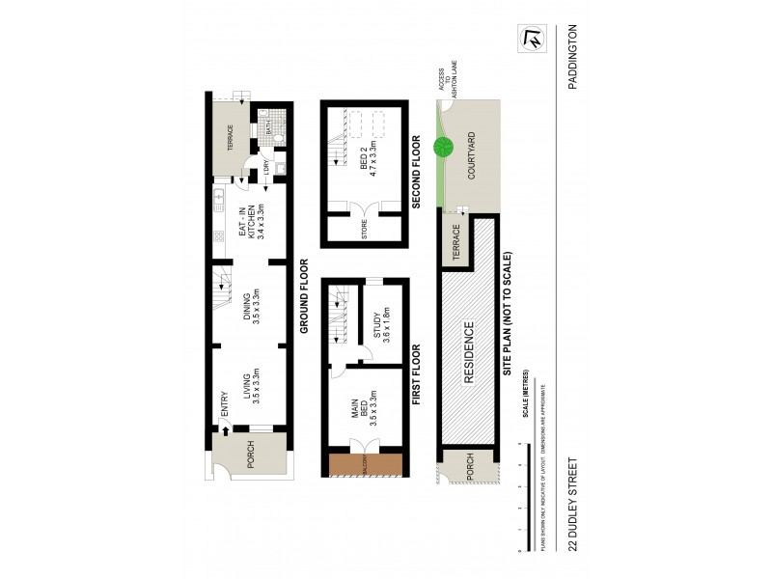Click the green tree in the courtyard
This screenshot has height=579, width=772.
pyautogui.click(x=445, y=148)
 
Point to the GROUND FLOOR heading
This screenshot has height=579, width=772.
pyautogui.click(x=302, y=297)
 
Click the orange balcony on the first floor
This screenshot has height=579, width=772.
pyautogui.click(x=364, y=465)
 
